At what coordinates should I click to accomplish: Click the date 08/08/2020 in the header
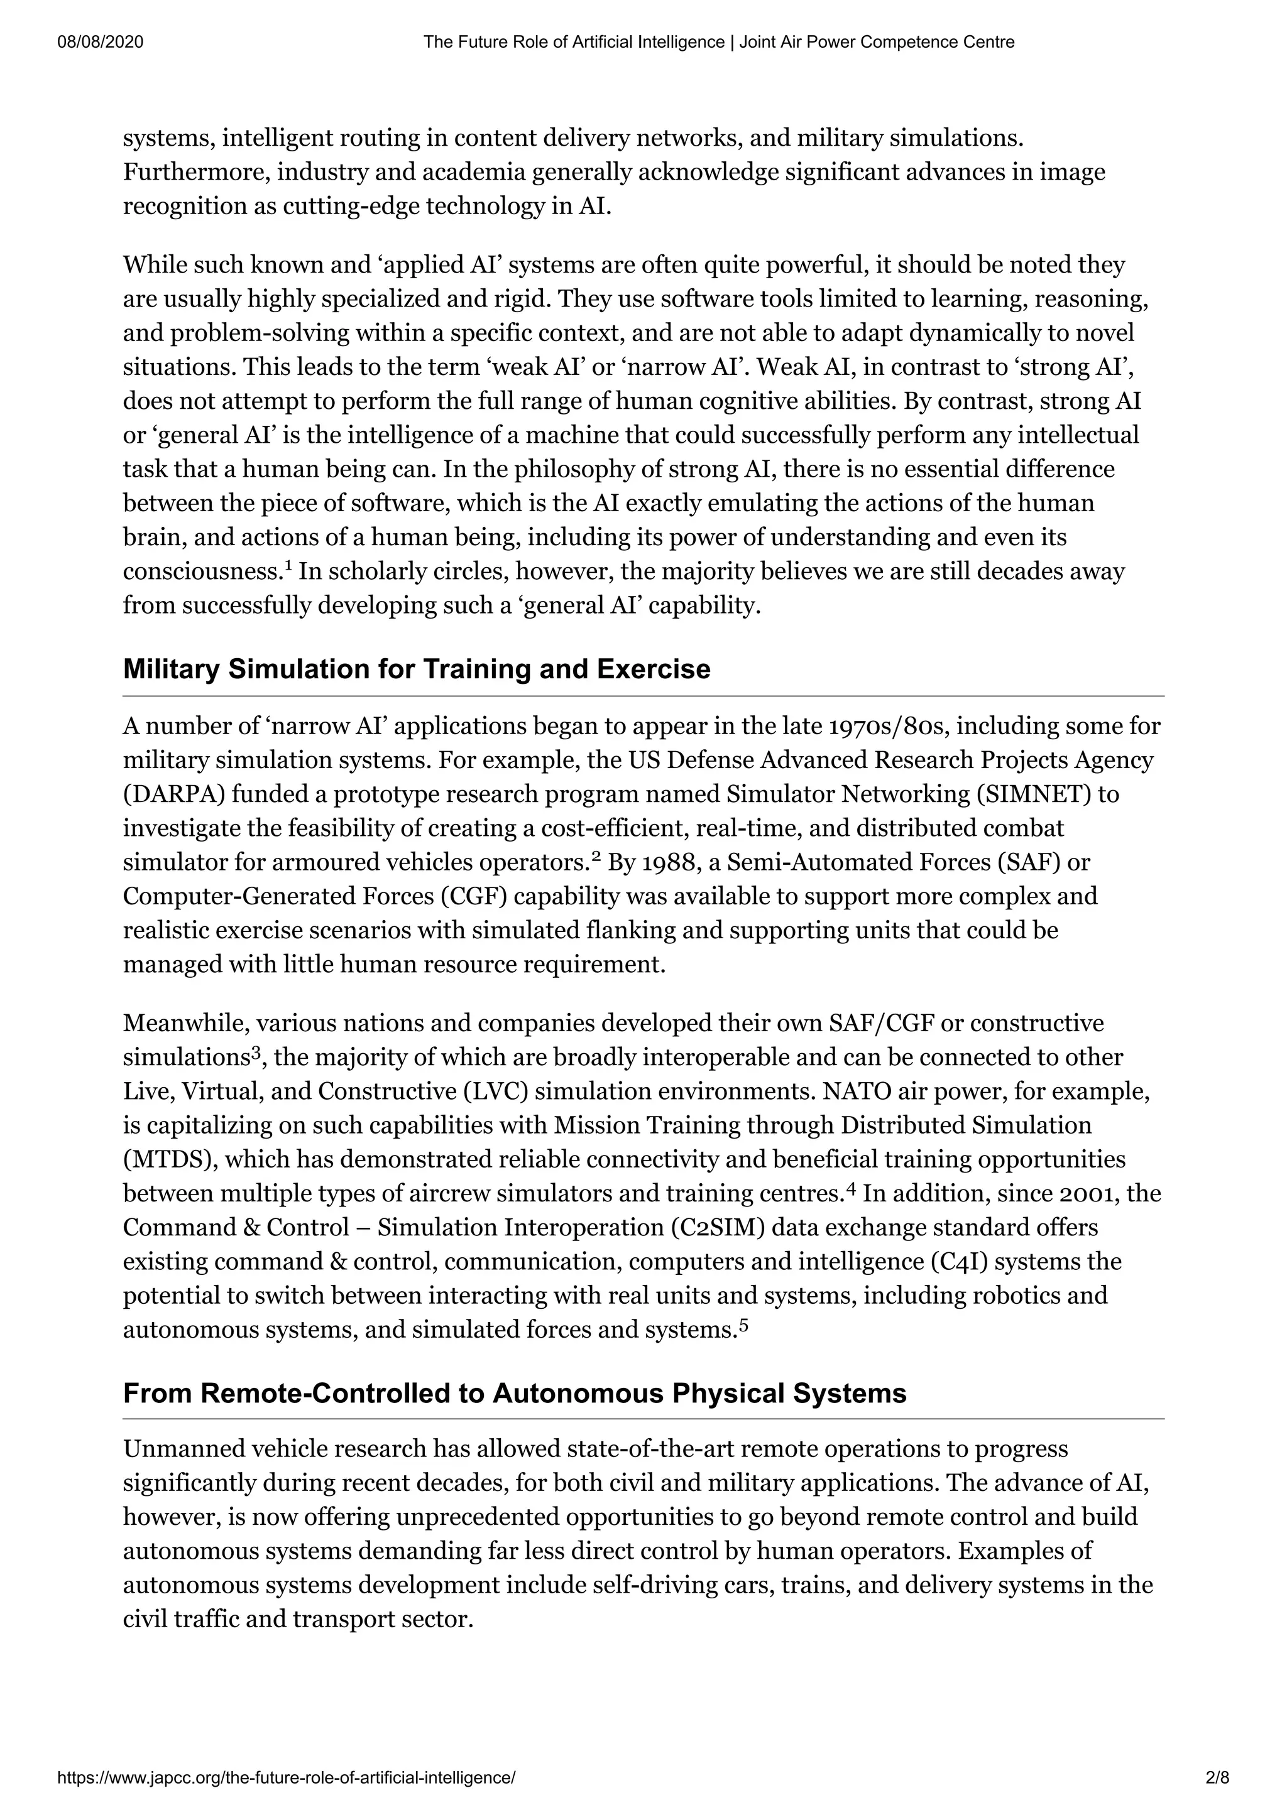pos(101,42)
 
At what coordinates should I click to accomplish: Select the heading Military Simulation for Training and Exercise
pos(416,669)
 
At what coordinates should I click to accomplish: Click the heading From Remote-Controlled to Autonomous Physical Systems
pos(514,1393)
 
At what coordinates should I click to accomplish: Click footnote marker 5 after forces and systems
pos(743,1324)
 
